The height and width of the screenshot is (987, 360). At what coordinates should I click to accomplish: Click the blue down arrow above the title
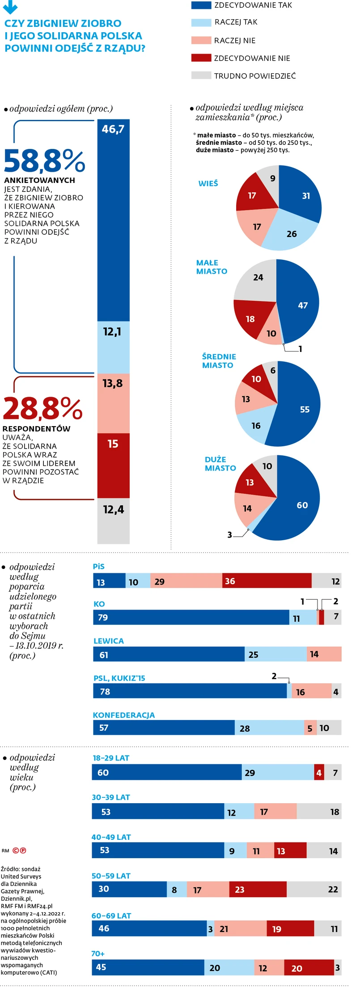point(10,7)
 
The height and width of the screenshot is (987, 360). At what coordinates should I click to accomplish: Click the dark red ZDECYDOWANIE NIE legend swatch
point(201,58)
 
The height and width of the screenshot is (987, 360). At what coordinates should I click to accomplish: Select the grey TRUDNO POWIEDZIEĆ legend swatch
point(201,75)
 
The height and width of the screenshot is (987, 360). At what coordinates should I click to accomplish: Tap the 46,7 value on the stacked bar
point(113,129)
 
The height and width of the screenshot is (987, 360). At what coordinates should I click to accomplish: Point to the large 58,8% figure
point(44,161)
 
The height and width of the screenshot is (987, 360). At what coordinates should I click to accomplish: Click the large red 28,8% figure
point(42,409)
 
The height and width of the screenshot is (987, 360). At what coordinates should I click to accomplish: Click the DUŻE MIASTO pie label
point(220,464)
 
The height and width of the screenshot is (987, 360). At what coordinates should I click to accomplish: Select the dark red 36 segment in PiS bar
point(267,580)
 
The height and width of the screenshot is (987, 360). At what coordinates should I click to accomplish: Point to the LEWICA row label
point(109,641)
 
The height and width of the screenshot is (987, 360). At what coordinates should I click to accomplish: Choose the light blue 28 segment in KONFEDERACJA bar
point(269,728)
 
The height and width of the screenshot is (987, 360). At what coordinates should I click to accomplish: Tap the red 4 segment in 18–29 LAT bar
point(319,772)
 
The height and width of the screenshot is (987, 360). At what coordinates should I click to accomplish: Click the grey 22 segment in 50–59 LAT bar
point(314,889)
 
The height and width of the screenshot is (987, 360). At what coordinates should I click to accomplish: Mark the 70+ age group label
point(98,953)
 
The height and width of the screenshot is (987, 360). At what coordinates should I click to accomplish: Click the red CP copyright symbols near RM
point(19,850)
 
